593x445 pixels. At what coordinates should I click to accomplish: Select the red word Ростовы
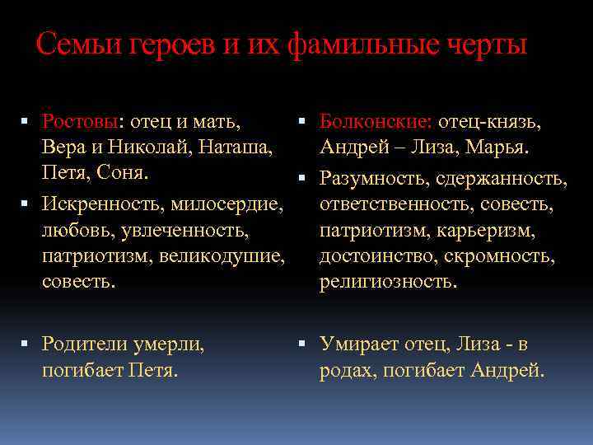81,122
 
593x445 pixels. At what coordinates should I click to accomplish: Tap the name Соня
123,174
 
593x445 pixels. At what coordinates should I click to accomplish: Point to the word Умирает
363,343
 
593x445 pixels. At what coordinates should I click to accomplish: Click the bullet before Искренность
27,203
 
